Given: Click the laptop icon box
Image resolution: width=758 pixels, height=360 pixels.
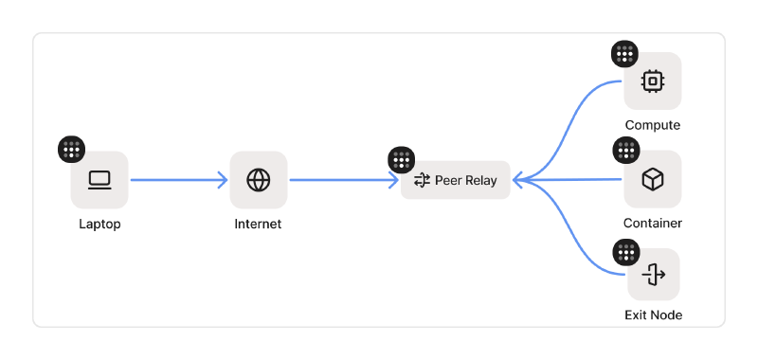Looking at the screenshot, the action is (99, 180).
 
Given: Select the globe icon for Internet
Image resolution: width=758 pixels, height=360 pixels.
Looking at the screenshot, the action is (259, 180).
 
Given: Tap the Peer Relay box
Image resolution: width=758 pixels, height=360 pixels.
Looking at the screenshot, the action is (456, 180).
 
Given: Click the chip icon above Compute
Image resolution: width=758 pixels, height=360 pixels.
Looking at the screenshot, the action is (652, 81).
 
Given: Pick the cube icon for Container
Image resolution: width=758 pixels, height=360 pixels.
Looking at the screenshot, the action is (652, 180).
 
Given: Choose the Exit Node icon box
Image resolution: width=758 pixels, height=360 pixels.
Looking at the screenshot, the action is (653, 275).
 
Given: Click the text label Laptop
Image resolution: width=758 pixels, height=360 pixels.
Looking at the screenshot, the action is (99, 225).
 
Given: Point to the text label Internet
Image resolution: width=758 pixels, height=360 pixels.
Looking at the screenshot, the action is (258, 225).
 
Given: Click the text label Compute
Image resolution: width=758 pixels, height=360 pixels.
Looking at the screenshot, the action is (652, 125).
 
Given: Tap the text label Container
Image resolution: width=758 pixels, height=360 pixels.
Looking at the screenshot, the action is (652, 224).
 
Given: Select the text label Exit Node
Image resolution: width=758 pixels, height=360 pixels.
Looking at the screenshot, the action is (653, 315).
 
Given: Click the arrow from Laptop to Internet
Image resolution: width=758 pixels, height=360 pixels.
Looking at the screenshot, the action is (178, 180).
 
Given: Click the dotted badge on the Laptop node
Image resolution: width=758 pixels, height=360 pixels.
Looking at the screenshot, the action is (72, 150).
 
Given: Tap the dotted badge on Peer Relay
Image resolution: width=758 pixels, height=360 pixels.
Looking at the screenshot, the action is (402, 160).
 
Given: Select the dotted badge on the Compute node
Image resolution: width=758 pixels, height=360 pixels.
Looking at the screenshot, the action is (624, 54).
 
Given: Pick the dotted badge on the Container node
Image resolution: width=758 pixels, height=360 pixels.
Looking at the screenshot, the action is (626, 151).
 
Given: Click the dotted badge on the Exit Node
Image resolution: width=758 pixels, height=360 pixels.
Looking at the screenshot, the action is (626, 252).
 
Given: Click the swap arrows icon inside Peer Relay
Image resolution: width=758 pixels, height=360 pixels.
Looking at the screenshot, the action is (423, 180).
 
